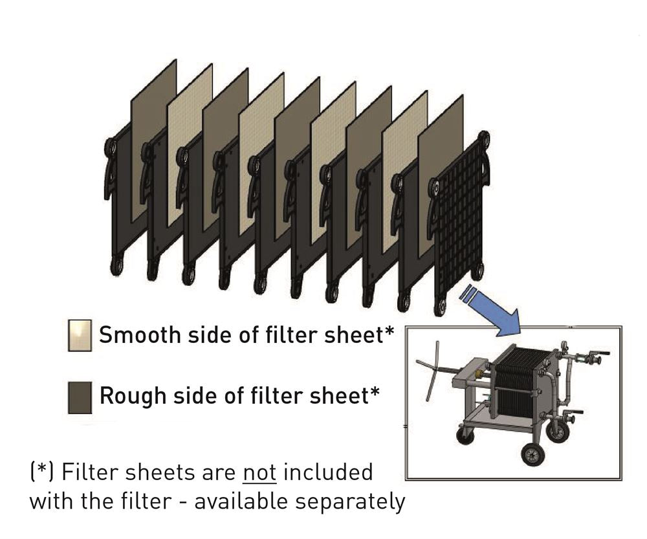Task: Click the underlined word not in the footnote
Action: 259,472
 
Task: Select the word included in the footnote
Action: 328,472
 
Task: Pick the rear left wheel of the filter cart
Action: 464,435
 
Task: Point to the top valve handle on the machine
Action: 602,354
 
